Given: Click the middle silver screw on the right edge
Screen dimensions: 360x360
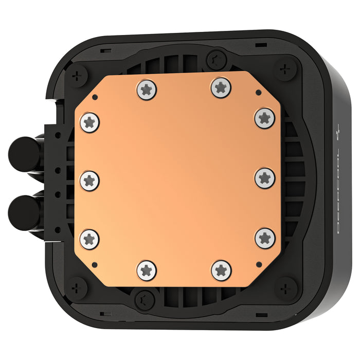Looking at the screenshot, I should click(x=264, y=177).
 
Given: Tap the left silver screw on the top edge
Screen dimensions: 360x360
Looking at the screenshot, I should click(x=148, y=89).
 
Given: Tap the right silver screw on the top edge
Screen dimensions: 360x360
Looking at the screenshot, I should click(x=220, y=87).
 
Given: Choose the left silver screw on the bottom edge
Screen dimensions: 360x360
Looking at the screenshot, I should click(x=147, y=269).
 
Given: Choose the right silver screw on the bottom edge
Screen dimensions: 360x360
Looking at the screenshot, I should click(x=221, y=270).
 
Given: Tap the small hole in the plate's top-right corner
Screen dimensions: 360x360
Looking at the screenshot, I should click(x=257, y=93).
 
